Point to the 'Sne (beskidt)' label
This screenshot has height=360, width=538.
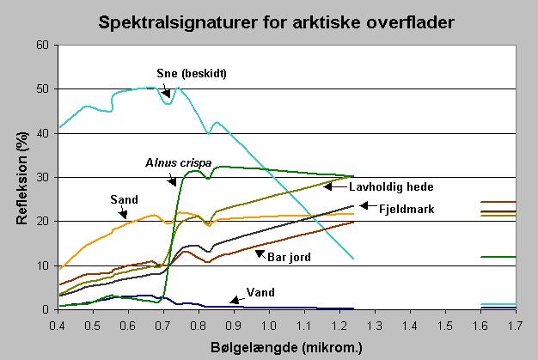coord(193,73)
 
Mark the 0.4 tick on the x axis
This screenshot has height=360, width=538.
coord(58,325)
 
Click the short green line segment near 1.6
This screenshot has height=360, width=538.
coord(498,257)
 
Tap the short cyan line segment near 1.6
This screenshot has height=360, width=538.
coord(498,304)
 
